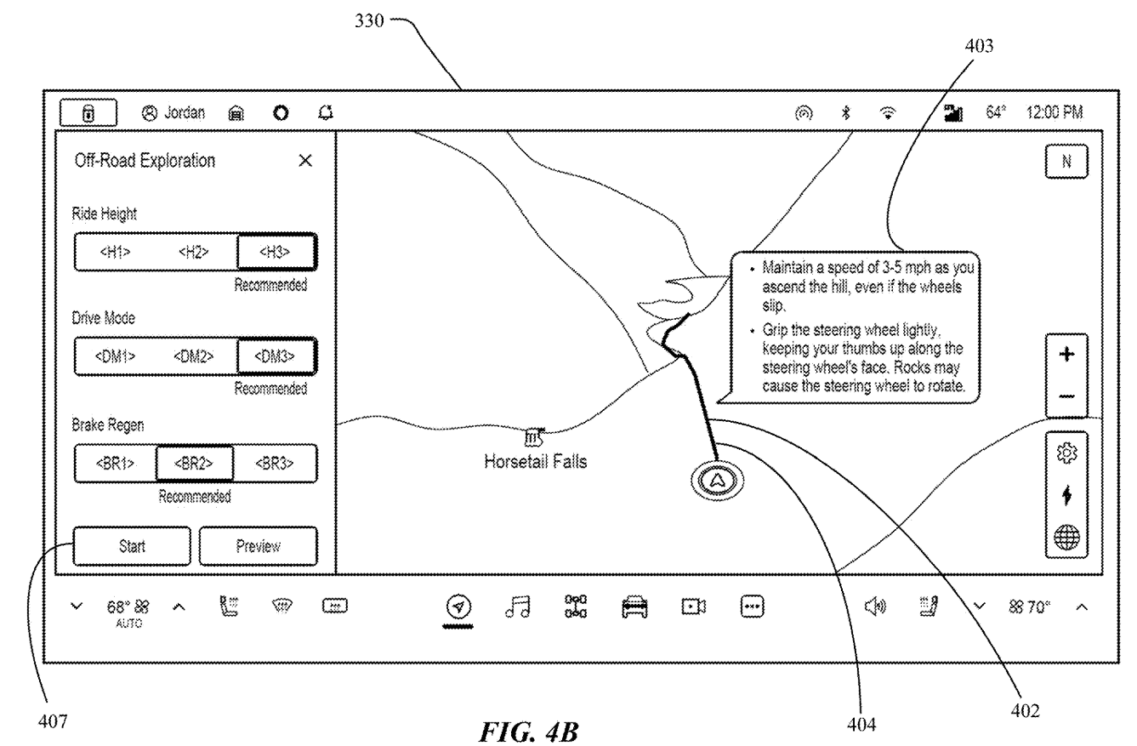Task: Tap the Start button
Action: [x=132, y=546]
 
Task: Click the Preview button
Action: [x=259, y=546]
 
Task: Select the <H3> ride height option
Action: [x=276, y=252]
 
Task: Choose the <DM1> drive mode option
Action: [x=115, y=356]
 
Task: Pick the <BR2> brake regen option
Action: [x=195, y=463]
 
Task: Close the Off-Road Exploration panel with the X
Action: [x=305, y=161]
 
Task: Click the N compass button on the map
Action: [x=1066, y=162]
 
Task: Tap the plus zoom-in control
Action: [x=1066, y=354]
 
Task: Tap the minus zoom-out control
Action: [x=1066, y=396]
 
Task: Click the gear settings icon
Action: [x=1066, y=453]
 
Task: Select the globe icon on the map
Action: [x=1066, y=538]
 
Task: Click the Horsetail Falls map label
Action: [x=536, y=461]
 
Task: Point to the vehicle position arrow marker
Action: [x=717, y=480]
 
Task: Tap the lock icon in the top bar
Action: [x=88, y=113]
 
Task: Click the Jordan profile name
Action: [x=185, y=112]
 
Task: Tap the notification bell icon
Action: [x=326, y=112]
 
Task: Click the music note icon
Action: [x=518, y=606]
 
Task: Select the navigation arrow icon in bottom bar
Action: [x=459, y=606]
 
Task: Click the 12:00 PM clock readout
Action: [x=1055, y=112]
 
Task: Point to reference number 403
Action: [x=979, y=46]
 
